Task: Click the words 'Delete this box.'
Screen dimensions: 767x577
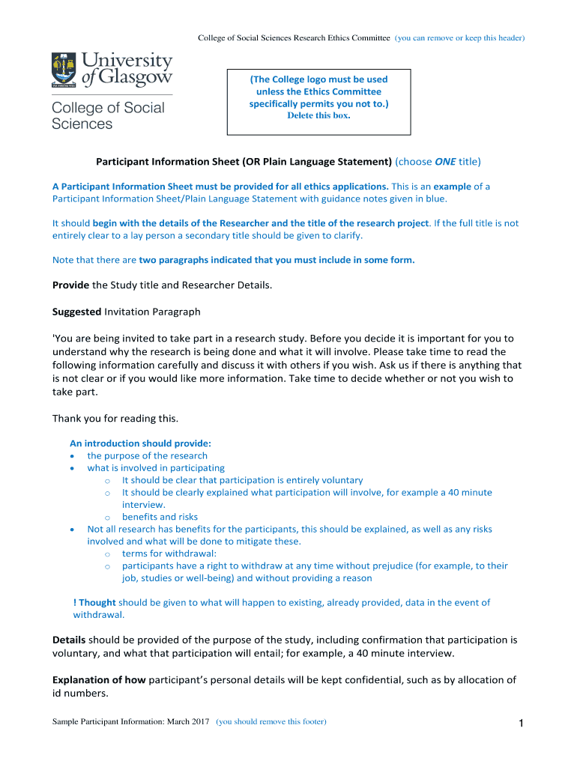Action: pos(318,116)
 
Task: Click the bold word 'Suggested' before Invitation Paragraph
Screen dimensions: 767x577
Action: pos(76,311)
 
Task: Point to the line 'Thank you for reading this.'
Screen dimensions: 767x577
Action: pos(115,418)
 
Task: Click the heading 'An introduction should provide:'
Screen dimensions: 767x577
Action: pos(140,443)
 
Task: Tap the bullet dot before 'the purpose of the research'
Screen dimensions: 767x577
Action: pos(71,456)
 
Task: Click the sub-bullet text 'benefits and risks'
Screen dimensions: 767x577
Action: pos(160,517)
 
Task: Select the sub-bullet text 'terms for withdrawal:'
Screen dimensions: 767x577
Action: pos(169,554)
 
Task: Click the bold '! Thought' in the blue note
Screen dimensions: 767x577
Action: pos(94,602)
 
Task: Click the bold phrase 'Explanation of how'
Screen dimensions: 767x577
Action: pos(99,679)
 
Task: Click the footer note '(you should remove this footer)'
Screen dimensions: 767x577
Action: pos(271,722)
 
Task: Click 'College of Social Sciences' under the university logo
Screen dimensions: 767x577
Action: pos(108,115)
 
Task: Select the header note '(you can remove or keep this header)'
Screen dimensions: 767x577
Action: pos(459,37)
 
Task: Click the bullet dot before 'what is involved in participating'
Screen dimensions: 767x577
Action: pos(71,468)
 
